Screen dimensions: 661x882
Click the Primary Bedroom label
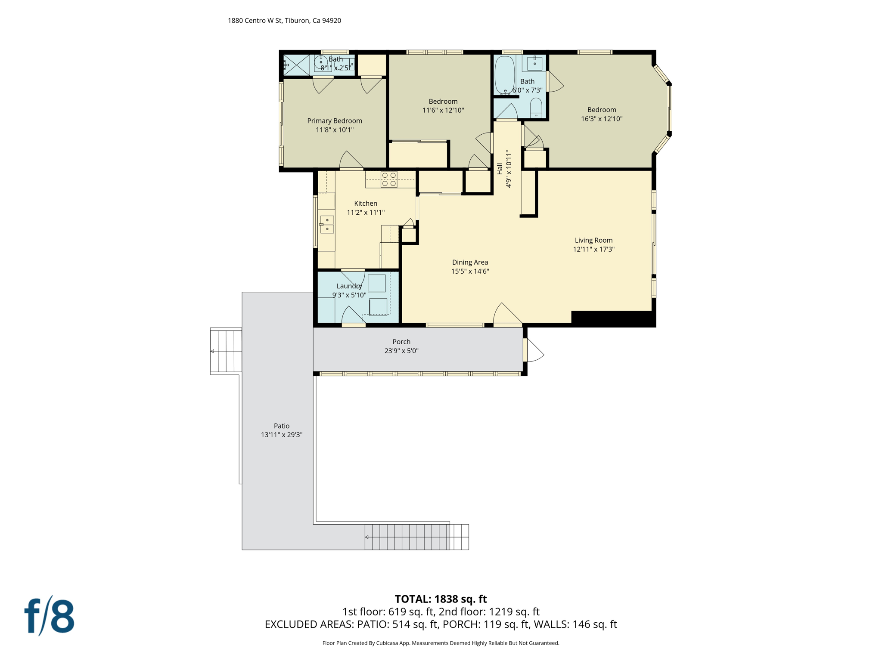click(x=334, y=121)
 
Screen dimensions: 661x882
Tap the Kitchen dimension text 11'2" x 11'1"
click(x=366, y=212)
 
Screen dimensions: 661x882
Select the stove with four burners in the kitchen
click(x=389, y=179)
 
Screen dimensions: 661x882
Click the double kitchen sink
click(x=327, y=224)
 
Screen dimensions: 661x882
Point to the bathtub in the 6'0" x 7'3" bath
click(x=504, y=75)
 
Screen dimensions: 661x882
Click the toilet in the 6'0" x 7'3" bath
click(x=536, y=108)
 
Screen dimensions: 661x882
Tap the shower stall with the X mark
click(x=297, y=65)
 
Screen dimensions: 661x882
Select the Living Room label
click(x=593, y=240)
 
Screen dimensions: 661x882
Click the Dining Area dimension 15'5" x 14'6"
click(x=470, y=271)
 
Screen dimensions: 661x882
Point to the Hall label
click(x=500, y=169)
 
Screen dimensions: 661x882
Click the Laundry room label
click(x=349, y=286)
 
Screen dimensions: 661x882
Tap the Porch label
click(x=401, y=342)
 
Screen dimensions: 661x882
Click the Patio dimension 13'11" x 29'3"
click(x=282, y=435)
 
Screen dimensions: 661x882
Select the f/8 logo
click(x=50, y=616)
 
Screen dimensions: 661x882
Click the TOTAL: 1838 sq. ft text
click(x=441, y=599)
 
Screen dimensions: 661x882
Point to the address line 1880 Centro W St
click(x=284, y=21)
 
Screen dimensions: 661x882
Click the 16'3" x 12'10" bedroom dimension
click(x=602, y=119)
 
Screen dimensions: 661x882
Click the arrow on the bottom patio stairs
click(x=367, y=537)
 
